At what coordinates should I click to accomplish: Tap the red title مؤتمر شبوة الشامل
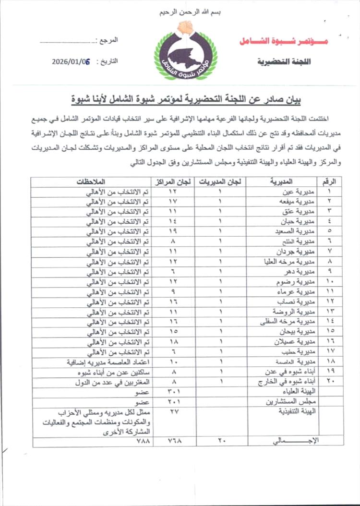(283, 41)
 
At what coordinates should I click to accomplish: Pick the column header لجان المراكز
(173, 181)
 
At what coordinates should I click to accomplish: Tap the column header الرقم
(331, 181)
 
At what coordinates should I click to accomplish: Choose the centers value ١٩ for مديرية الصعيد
(173, 231)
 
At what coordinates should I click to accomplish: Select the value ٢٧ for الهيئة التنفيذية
(173, 411)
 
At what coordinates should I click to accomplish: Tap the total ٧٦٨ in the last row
(173, 440)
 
